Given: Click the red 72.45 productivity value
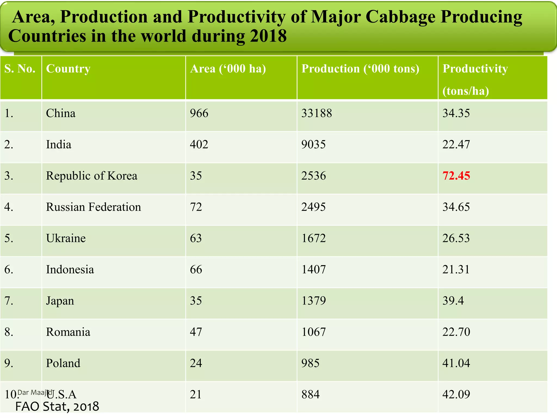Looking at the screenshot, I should [x=456, y=176].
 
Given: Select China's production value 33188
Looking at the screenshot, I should [x=317, y=113].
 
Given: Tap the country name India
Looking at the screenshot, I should [x=58, y=145].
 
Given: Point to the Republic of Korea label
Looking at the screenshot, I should [x=91, y=176].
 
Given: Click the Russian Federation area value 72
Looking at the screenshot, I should [x=196, y=207].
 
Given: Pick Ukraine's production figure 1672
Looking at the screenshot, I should [x=313, y=238].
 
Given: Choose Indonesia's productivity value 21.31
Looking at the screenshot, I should [x=456, y=270].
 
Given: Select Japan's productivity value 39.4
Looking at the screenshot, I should [x=453, y=301].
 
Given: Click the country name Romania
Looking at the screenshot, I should [x=68, y=332].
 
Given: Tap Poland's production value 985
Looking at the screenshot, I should [x=310, y=363].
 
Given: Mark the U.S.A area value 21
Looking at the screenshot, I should [x=196, y=395].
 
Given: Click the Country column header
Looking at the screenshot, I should [x=68, y=69].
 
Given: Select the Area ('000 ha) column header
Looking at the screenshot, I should [x=228, y=69].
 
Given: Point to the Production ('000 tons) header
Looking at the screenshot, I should [x=360, y=69].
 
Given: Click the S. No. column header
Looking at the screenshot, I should [x=20, y=69].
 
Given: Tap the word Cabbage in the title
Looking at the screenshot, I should [x=401, y=17].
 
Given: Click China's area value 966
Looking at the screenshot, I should [x=199, y=113].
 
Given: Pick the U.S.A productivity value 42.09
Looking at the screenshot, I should [x=456, y=395].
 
